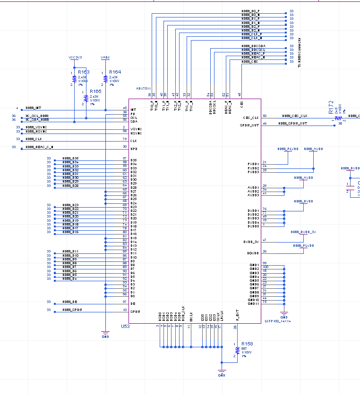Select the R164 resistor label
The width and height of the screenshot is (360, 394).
pos(115,72)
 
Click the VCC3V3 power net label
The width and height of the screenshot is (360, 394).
pos(75,57)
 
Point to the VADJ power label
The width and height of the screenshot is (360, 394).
pos(105,57)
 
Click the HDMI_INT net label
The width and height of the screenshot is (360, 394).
pos(34,108)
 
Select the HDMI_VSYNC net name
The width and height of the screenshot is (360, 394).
pos(36,127)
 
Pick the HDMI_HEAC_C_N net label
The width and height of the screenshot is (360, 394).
pos(40,147)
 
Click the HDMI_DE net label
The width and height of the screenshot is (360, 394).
pos(70,302)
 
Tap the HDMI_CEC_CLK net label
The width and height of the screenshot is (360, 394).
pos(295,116)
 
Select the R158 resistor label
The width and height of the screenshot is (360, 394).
pos(247,344)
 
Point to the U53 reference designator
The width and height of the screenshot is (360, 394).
pos(125,327)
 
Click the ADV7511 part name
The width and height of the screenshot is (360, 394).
pos(143,88)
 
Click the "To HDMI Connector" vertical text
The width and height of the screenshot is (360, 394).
pos(299,52)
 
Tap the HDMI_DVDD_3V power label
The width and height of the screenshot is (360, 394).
pos(303,232)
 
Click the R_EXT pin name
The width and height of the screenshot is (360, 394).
pos(238,315)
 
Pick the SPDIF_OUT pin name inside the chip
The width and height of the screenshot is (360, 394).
pos(250,125)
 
